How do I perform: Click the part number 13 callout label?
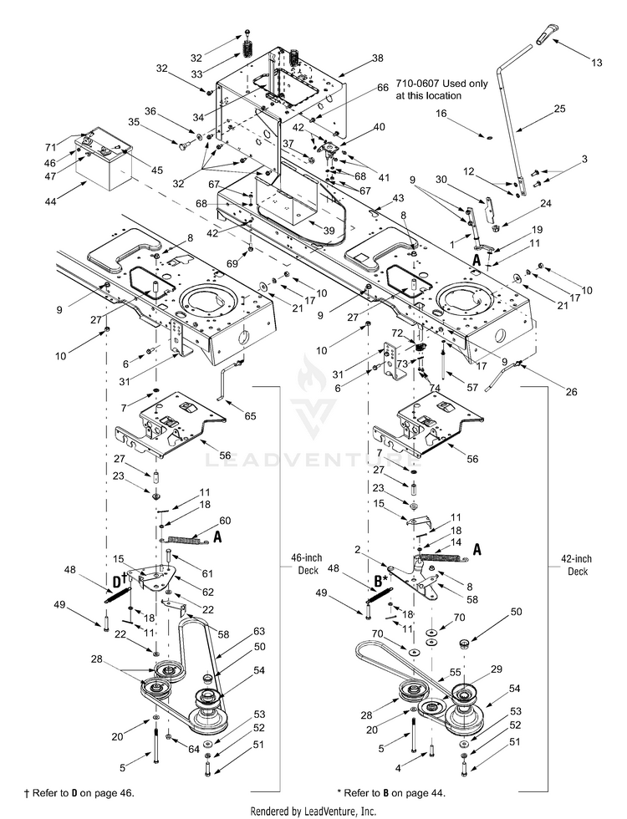596,63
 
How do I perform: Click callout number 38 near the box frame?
377,58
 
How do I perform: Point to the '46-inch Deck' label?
308,564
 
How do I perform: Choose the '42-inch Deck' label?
578,565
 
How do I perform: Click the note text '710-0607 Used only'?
441,84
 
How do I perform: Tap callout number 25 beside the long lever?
559,109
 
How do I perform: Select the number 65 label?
250,416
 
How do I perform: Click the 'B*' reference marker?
381,580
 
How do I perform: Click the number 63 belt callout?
259,632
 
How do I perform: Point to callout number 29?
496,669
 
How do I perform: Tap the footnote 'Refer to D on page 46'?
79,793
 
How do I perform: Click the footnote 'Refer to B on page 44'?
391,793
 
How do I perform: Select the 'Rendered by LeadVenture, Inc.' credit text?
313,811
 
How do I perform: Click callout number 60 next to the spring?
225,521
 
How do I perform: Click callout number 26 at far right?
572,391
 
